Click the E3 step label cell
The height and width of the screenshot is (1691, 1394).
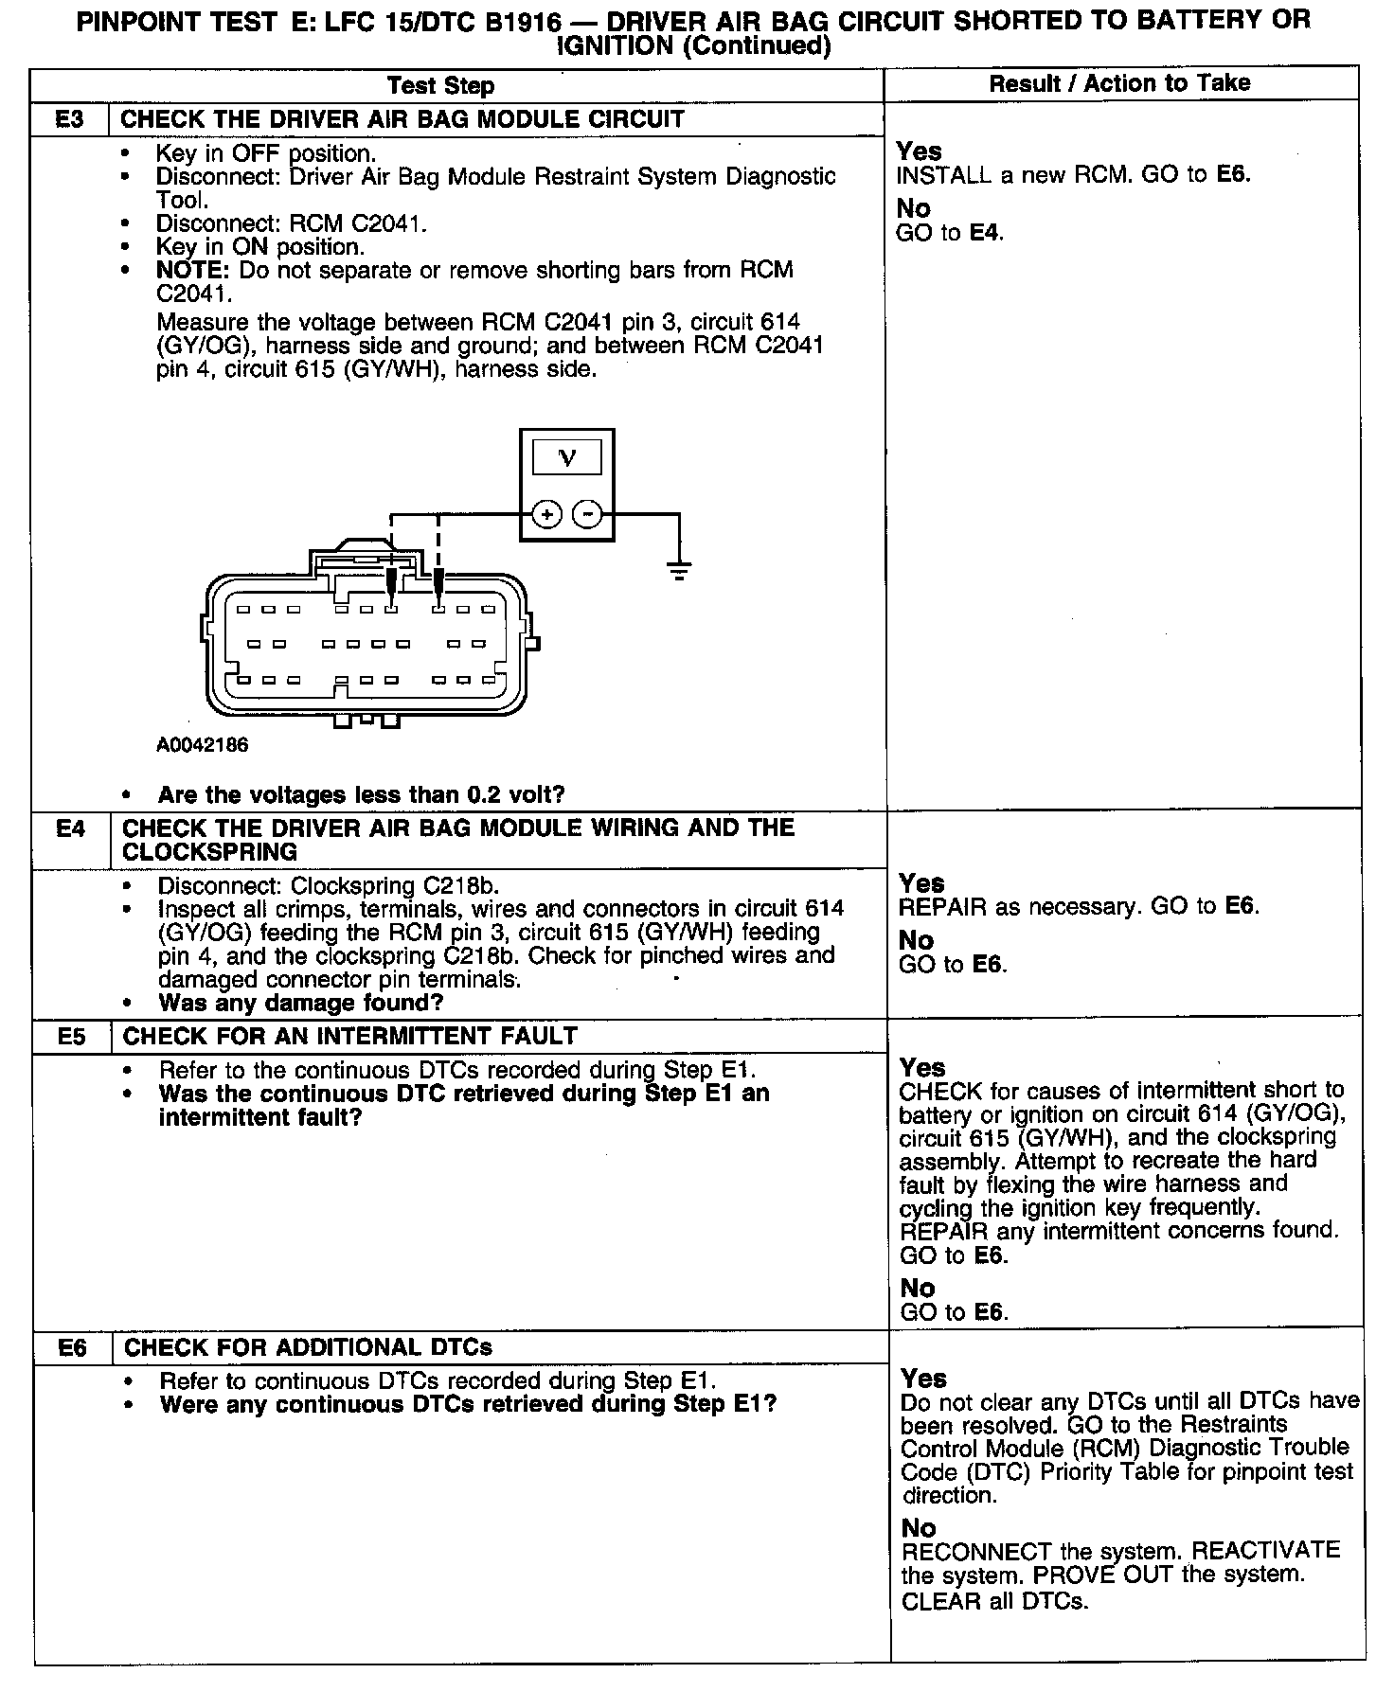tap(69, 119)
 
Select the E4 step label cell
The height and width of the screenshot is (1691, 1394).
tap(71, 829)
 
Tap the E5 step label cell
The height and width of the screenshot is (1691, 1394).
tap(72, 1036)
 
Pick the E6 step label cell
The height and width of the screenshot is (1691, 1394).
tap(73, 1347)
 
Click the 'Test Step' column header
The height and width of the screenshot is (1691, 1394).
tap(440, 86)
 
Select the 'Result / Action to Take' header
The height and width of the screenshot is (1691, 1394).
tap(1119, 83)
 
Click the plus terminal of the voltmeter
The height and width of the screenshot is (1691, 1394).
tap(546, 514)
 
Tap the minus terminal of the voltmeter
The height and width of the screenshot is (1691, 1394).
tap(588, 514)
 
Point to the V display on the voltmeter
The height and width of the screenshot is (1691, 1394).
tap(567, 458)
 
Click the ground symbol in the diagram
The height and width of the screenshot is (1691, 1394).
tap(679, 569)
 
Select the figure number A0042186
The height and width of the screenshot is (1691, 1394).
tap(203, 745)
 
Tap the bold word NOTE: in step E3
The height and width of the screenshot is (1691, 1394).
tap(193, 271)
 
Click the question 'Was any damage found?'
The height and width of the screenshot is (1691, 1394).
tap(301, 1003)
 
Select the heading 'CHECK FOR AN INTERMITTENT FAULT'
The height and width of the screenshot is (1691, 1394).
tap(350, 1036)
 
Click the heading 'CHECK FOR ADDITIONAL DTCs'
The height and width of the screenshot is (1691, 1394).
tap(308, 1347)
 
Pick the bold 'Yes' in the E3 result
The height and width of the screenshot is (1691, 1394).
tap(919, 151)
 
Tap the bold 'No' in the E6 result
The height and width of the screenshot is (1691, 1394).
tap(919, 1528)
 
